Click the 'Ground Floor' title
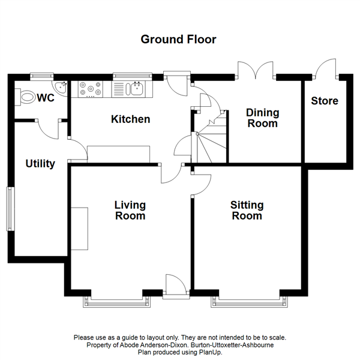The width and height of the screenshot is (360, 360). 178,40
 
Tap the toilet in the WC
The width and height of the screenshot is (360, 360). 27,96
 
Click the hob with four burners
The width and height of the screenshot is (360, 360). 90,89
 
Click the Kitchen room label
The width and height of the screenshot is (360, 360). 130,119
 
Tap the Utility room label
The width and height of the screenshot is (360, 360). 40,164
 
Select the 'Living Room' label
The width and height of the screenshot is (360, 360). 130,211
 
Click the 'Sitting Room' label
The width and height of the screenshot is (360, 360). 247,211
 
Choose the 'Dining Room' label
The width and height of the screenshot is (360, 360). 263,118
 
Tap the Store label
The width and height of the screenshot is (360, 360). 324,101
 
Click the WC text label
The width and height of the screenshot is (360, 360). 46,98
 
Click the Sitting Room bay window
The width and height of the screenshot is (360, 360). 247,301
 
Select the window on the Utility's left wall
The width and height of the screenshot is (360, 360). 10,208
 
